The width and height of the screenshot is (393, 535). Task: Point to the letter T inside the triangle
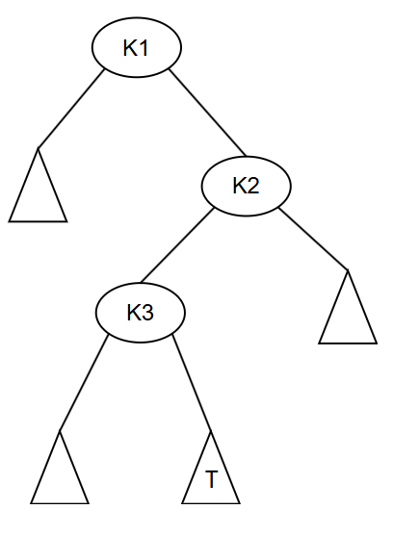pyautogui.click(x=211, y=478)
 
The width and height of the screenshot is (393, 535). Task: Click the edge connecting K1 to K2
pyautogui.click(x=207, y=113)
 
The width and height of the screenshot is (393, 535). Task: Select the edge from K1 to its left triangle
pyautogui.click(x=71, y=109)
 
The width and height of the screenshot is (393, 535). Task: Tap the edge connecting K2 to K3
pyautogui.click(x=177, y=245)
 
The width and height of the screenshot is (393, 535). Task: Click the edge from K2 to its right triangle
pyautogui.click(x=313, y=239)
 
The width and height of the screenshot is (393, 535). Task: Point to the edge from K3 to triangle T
pyautogui.click(x=192, y=383)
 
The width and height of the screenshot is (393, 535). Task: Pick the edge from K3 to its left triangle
pyautogui.click(x=84, y=383)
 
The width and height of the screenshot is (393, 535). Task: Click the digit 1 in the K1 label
pyautogui.click(x=144, y=48)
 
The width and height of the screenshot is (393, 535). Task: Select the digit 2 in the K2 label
pyautogui.click(x=253, y=186)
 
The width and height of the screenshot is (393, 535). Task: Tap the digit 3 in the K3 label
pyautogui.click(x=147, y=312)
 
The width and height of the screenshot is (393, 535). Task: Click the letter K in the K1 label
pyautogui.click(x=130, y=48)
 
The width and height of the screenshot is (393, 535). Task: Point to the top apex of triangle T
pyautogui.click(x=211, y=431)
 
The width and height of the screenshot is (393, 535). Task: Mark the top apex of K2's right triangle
pyautogui.click(x=348, y=270)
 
